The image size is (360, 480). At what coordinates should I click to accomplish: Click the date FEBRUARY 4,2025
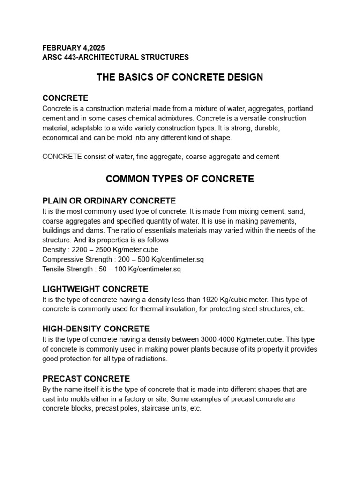(74, 48)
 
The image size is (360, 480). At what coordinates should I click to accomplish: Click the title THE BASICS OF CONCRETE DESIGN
(180, 77)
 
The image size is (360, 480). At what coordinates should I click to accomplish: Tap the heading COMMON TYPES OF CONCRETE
(180, 179)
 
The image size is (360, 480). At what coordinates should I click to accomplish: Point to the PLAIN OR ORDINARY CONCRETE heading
(109, 201)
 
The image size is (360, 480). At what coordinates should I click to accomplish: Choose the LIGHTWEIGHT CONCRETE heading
(95, 289)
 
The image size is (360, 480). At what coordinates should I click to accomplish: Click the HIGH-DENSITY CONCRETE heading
(96, 329)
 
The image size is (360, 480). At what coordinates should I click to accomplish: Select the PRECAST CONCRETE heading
(86, 378)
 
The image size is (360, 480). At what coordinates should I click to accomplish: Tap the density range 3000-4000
(222, 339)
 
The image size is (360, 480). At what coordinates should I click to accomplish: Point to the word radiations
(150, 359)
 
